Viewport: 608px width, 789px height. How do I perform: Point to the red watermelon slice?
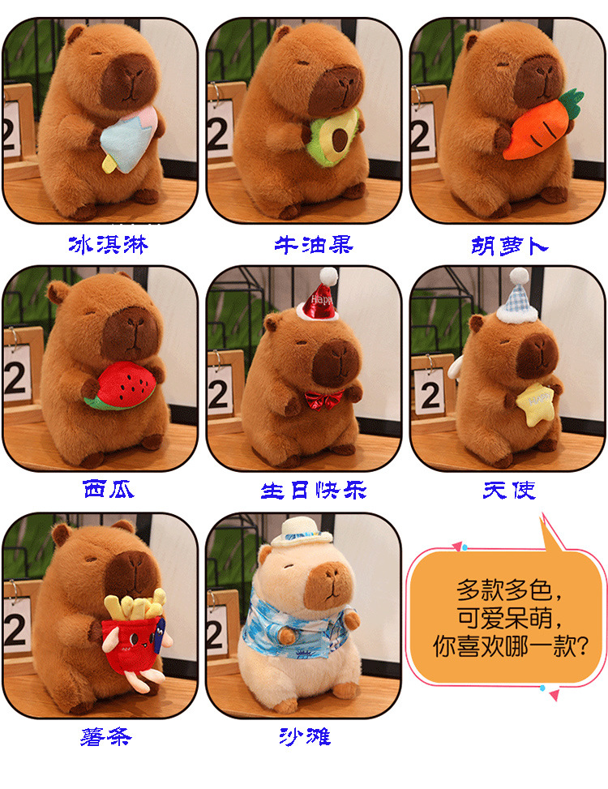121,387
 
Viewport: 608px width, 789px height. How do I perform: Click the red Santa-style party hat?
318,296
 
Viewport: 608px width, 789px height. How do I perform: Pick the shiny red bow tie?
323,399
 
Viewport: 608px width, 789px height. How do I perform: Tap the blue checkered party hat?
518,297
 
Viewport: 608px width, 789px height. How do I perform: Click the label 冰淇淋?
109,245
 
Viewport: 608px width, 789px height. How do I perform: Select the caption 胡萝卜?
509,246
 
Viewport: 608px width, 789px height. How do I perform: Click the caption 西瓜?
109,490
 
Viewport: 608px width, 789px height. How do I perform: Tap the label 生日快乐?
314,491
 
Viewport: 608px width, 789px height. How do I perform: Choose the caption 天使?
509,490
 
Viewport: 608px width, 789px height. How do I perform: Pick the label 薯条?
106,736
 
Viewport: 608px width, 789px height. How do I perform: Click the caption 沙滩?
305,736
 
